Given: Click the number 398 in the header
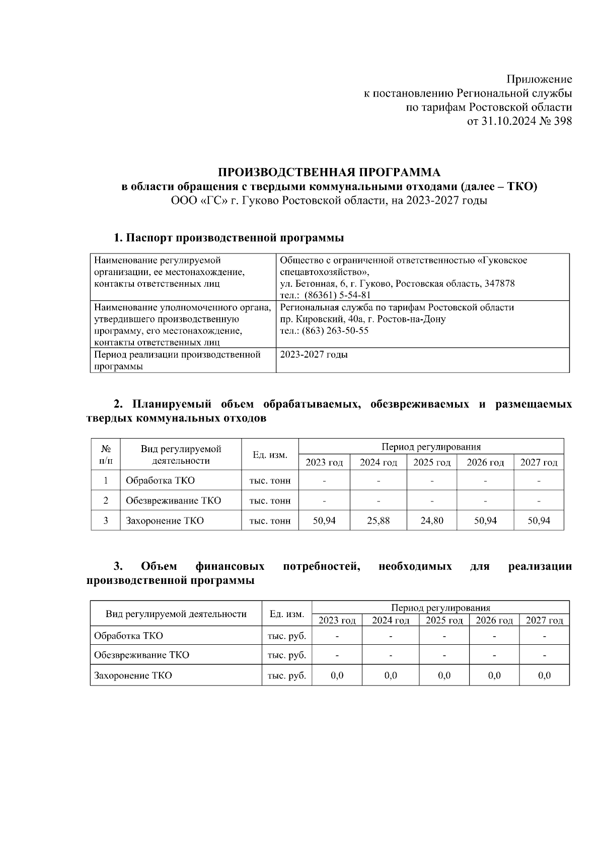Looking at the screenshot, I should (x=562, y=121).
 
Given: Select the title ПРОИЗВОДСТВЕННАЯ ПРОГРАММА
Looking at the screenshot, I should (x=329, y=173).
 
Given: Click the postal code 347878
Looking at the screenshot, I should (x=498, y=284).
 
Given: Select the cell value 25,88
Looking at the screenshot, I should (x=378, y=521).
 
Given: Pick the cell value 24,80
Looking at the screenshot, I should (x=432, y=521).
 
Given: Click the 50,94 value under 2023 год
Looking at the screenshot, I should (x=324, y=521).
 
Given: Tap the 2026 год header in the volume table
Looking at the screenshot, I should (x=485, y=463).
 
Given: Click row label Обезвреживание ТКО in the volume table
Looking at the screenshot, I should (x=173, y=500).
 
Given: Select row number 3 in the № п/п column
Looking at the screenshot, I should (x=106, y=521).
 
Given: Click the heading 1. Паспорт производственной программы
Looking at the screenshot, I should (x=229, y=237).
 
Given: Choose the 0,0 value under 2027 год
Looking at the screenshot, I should (x=544, y=675).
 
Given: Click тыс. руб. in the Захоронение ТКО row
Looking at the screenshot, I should (x=287, y=675).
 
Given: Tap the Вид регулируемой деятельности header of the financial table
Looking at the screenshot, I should (x=176, y=614).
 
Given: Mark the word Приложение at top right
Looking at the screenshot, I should (x=539, y=79).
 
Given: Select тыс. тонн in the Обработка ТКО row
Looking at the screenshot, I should (x=270, y=480).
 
